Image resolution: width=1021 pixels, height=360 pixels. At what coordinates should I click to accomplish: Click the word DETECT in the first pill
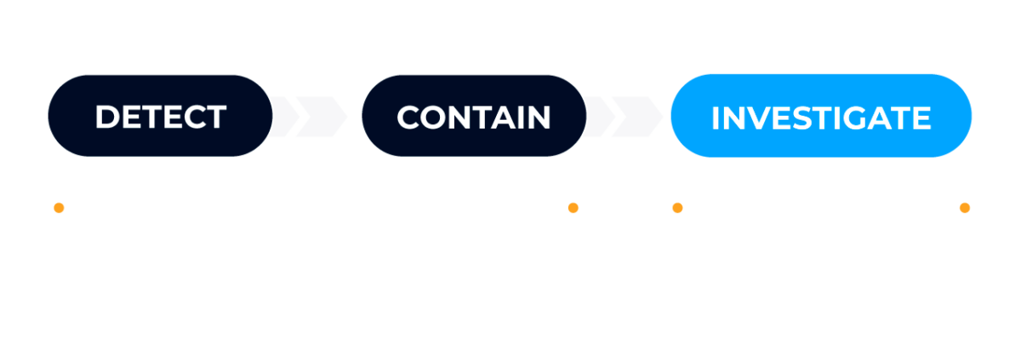coord(160,117)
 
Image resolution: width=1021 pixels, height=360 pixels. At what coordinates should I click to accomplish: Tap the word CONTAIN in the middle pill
coord(473,117)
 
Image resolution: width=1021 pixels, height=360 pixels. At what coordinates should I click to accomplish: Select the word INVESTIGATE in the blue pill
coord(820,117)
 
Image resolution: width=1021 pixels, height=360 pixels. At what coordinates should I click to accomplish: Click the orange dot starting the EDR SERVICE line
coord(59,207)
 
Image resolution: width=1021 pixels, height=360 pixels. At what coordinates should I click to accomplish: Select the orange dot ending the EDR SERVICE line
coord(573,207)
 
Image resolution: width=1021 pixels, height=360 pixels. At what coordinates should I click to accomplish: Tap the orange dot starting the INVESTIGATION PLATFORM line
coord(677,207)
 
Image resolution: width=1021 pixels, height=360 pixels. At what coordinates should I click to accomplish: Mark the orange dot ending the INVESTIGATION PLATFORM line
coord(965,207)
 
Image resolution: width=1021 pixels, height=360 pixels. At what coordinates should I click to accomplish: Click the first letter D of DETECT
coord(106,117)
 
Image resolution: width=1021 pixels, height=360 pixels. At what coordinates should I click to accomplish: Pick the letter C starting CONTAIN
coord(409,117)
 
